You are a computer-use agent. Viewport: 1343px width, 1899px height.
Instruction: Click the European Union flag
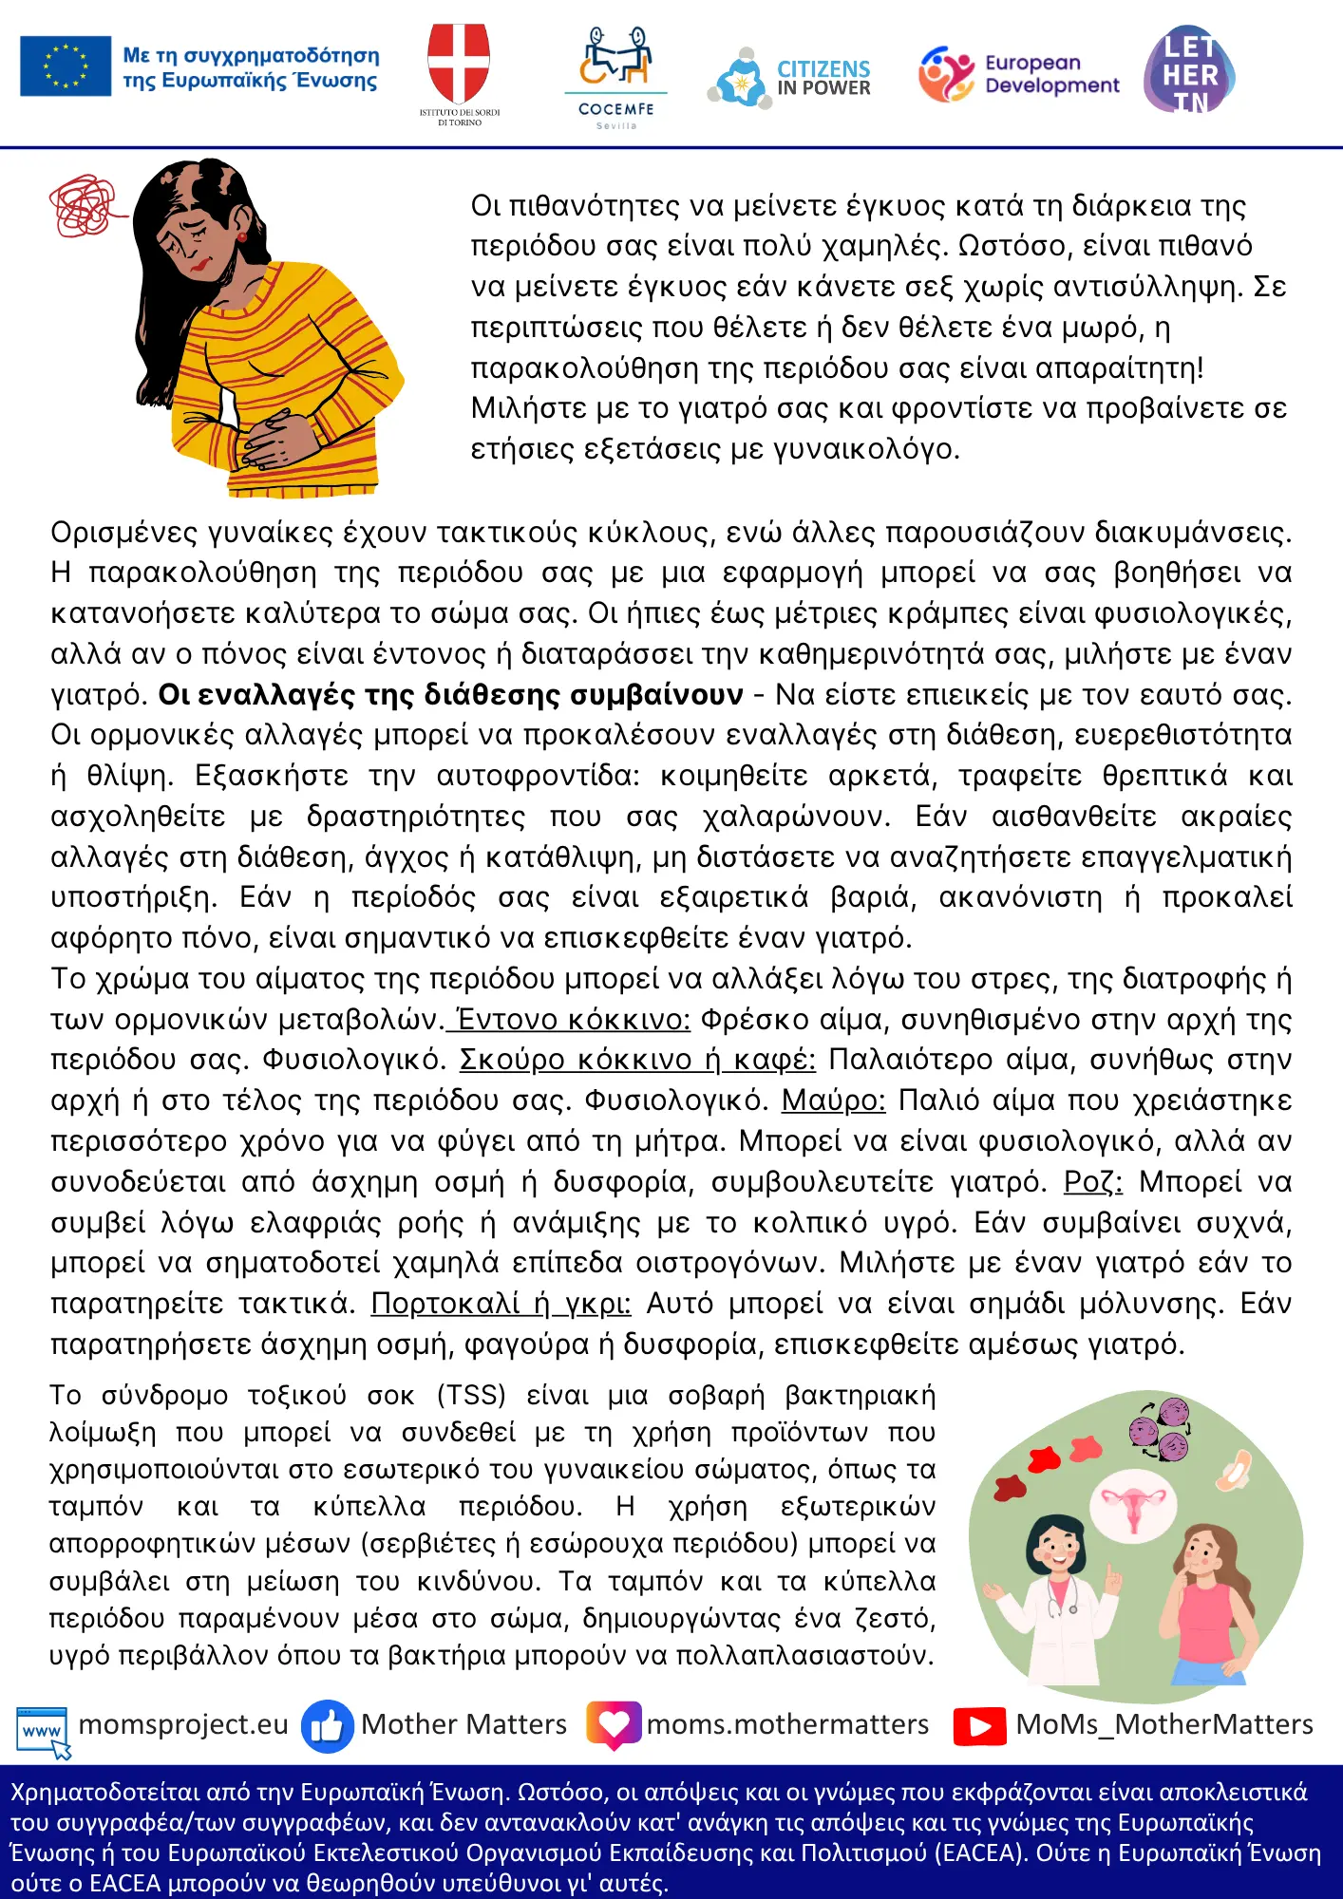click(66, 66)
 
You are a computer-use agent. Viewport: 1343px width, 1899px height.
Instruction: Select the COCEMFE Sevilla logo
click(616, 76)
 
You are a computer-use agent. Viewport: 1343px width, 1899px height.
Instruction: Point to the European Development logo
click(1018, 74)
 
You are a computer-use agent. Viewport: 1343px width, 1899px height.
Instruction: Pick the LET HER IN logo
click(1189, 71)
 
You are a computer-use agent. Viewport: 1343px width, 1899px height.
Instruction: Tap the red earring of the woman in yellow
click(242, 236)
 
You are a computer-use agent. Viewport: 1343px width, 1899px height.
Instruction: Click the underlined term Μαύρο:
click(833, 1100)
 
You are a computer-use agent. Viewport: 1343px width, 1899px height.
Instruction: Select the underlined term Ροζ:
click(1092, 1182)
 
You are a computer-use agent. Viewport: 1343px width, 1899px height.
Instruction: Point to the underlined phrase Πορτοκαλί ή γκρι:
click(501, 1304)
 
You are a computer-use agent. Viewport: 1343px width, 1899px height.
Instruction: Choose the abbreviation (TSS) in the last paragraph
click(472, 1395)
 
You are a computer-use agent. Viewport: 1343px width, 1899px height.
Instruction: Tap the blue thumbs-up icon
click(327, 1726)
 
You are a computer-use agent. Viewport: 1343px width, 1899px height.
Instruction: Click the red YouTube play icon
click(979, 1726)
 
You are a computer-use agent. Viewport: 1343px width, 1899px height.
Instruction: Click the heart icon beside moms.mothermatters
click(614, 1724)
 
